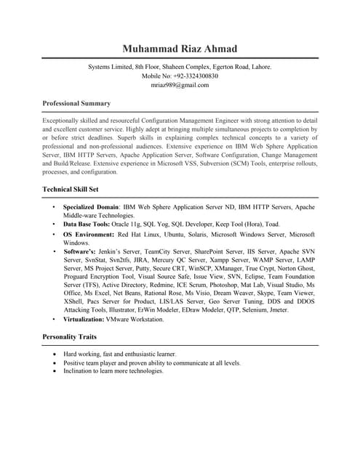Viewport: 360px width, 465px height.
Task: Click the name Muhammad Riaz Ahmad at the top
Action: click(x=180, y=48)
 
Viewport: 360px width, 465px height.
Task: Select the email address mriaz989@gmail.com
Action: click(x=180, y=85)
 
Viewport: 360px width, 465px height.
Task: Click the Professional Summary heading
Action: click(x=76, y=103)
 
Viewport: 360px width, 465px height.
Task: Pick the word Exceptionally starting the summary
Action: click(x=63, y=119)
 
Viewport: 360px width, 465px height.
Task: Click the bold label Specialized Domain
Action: click(x=90, y=207)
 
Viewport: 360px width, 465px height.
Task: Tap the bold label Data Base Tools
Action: click(x=87, y=225)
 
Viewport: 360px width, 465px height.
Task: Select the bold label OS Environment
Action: click(x=89, y=235)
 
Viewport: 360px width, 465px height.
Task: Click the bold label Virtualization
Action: click(x=83, y=319)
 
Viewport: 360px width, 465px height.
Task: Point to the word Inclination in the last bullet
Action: click(x=79, y=371)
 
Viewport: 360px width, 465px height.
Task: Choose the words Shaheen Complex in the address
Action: click(x=171, y=66)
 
